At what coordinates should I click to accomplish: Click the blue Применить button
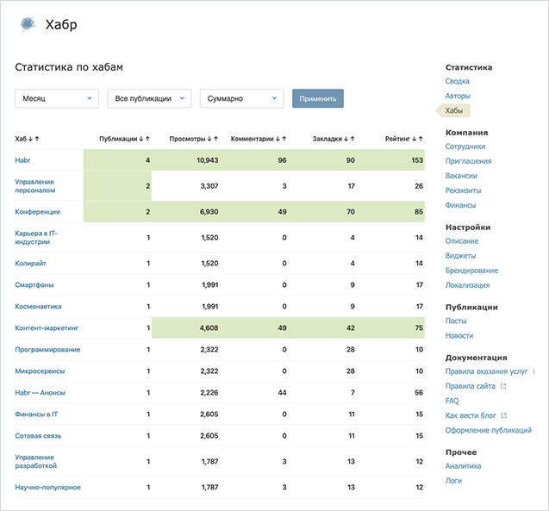[317, 98]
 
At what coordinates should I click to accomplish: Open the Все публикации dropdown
[149, 98]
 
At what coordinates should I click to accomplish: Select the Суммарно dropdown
[241, 98]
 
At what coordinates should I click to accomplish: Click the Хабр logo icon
[28, 24]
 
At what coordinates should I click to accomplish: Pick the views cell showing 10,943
[206, 160]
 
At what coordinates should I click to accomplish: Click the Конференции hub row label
[38, 211]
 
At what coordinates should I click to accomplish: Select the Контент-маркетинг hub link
[47, 327]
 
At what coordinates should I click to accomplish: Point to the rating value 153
[416, 160]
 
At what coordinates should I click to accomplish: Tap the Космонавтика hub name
[38, 306]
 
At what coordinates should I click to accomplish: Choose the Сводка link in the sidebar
[458, 81]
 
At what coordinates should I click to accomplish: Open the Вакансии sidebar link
[461, 175]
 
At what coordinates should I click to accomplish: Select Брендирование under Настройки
[471, 271]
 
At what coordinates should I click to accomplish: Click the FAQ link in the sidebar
[452, 401]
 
